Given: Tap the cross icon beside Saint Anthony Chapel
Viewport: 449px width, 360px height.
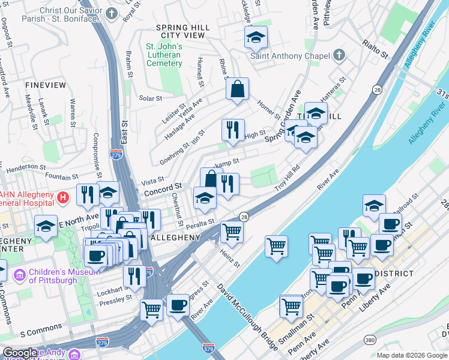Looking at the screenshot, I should [x=339, y=56].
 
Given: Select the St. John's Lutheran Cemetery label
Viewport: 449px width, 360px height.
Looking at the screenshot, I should [x=164, y=55].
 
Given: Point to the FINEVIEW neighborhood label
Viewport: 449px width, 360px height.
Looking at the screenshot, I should [x=46, y=86].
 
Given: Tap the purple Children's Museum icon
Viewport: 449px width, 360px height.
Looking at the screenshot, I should [x=19, y=275].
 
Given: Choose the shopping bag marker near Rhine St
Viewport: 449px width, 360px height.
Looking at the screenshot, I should [x=237, y=89].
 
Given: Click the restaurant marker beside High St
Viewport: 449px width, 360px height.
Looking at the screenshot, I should [x=232, y=129].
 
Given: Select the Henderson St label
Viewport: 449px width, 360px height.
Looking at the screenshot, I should [x=26, y=166].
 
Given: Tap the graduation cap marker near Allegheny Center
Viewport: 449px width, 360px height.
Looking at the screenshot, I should [x=46, y=227].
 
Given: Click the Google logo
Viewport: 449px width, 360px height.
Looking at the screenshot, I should [x=20, y=353].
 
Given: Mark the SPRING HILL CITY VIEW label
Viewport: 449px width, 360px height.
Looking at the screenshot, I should [x=182, y=31].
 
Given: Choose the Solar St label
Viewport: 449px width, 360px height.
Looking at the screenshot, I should [x=151, y=98].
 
